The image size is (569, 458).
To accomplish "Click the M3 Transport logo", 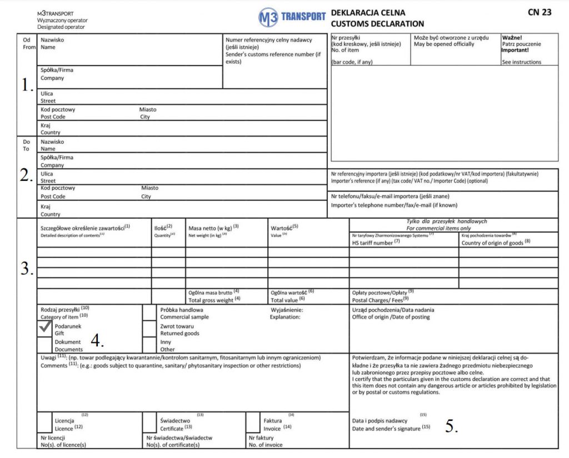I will tap(292, 17).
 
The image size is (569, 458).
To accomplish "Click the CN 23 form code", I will tap(540, 12).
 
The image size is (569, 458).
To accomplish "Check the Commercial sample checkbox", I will tap(149, 313).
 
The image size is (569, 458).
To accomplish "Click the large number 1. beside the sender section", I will tap(27, 85).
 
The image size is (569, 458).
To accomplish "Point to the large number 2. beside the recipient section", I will tap(27, 175).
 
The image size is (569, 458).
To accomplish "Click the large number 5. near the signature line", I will tap(452, 426).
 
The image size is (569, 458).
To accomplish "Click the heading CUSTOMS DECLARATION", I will tap(377, 24).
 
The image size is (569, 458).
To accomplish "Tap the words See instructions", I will tap(521, 62).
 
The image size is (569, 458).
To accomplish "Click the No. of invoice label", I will tap(266, 445).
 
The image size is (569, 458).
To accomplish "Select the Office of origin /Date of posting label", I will tap(391, 317).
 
